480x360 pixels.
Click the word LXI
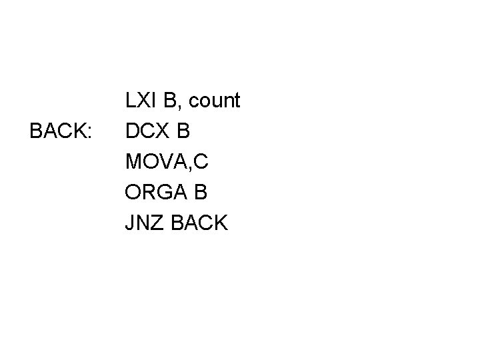pos(141,101)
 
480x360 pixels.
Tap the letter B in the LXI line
pos(170,101)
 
